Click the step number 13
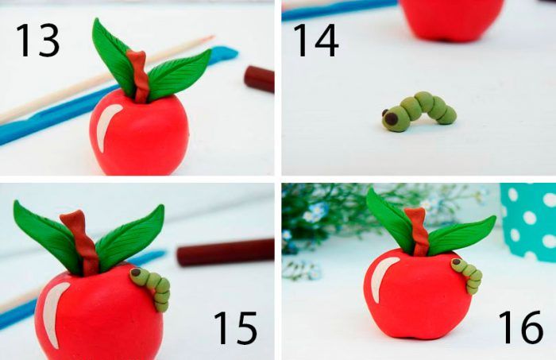(x=37, y=41)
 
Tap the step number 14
(x=315, y=41)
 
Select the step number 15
(x=235, y=327)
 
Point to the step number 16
(x=520, y=327)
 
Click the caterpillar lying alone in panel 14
(x=419, y=111)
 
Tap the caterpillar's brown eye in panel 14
(x=392, y=118)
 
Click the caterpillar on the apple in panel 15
(x=153, y=288)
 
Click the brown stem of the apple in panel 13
(x=139, y=76)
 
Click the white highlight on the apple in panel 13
(x=105, y=126)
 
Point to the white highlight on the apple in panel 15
(x=53, y=312)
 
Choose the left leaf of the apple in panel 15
(x=46, y=234)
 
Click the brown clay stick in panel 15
(x=226, y=253)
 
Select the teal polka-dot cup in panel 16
(x=528, y=222)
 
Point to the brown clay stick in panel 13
(x=260, y=79)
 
